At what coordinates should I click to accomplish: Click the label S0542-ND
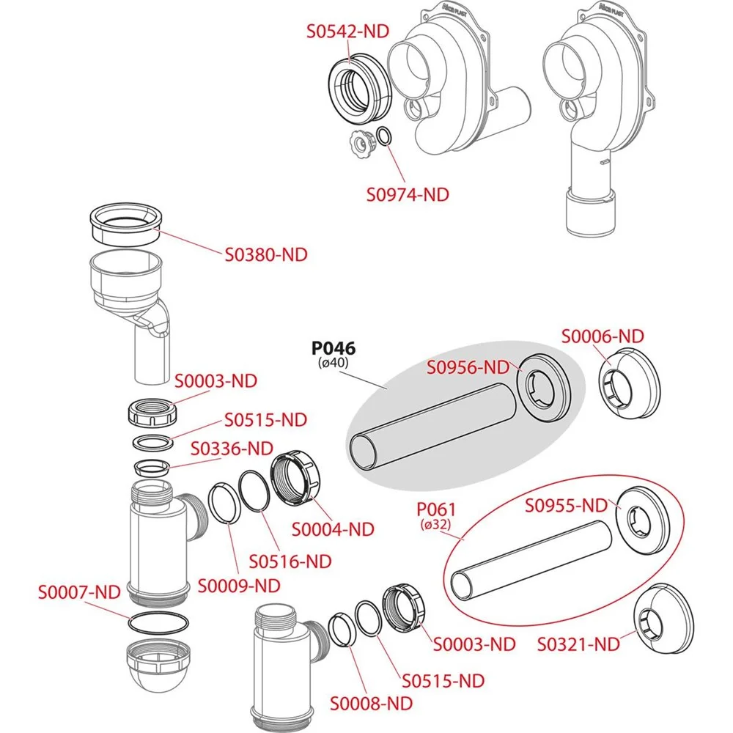[347, 32]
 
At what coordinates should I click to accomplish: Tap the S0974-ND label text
[408, 195]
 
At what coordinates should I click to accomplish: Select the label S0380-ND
[266, 255]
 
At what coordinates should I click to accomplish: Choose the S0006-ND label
[603, 336]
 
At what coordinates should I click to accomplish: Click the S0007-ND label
[79, 590]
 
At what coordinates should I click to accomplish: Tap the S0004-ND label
[333, 528]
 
